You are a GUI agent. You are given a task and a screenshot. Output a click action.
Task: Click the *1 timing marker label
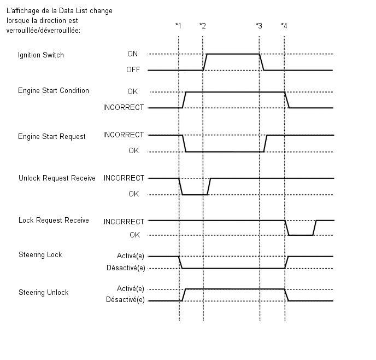[x=178, y=25]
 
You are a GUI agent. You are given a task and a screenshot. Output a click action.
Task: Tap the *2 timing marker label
[x=203, y=25]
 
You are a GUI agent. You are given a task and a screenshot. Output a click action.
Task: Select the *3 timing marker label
[x=259, y=25]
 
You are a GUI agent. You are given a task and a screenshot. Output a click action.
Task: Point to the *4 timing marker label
[x=284, y=25]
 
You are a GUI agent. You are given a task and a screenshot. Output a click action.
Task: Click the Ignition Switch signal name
[x=41, y=55]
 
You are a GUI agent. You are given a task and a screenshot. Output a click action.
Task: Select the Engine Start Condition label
[x=54, y=90]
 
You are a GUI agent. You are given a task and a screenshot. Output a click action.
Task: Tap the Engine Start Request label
[x=52, y=136]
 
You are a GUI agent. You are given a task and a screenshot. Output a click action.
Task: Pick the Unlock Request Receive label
[x=57, y=178]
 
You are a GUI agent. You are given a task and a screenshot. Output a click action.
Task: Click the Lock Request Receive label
[x=54, y=220]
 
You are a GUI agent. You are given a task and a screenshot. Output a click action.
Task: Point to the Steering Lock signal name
[x=40, y=254]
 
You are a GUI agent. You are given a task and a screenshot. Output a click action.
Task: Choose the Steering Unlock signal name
[x=44, y=292]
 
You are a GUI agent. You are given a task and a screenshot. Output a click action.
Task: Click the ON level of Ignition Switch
[x=133, y=54]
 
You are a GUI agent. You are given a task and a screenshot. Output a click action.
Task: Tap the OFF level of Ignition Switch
[x=133, y=69]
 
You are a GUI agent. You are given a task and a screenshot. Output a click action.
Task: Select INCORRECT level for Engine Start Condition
[x=124, y=107]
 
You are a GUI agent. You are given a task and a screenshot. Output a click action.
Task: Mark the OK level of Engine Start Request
[x=133, y=150]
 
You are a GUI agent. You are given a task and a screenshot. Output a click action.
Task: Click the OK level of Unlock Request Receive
[x=133, y=194]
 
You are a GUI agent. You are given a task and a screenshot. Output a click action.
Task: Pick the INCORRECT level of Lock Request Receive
[x=124, y=222]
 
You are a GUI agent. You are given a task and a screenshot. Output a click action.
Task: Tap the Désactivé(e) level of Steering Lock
[x=126, y=268]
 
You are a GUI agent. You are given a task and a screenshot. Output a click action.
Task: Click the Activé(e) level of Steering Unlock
[x=131, y=288]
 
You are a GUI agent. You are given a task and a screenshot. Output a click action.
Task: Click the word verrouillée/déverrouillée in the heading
[x=43, y=31]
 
